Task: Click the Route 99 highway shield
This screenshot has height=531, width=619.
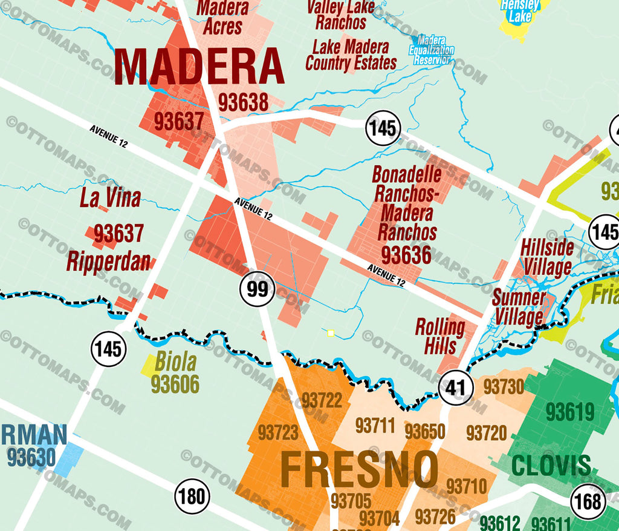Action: (258, 289)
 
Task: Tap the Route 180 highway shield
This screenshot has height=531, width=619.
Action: (192, 496)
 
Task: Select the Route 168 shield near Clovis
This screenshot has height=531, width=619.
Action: (588, 501)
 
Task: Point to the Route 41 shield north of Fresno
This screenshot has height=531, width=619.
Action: (455, 387)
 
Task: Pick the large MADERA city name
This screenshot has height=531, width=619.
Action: (199, 67)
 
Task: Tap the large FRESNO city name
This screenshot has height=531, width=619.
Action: (359, 470)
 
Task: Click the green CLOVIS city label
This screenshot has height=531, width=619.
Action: (551, 466)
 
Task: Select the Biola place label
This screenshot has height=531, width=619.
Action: (175, 362)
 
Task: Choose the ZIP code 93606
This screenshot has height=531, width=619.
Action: (175, 383)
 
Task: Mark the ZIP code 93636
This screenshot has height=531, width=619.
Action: (406, 255)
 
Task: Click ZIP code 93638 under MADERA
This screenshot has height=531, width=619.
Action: (243, 103)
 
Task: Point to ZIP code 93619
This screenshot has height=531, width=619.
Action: (570, 412)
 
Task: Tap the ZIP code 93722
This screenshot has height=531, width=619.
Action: (322, 400)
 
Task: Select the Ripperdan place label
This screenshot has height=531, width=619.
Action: (108, 262)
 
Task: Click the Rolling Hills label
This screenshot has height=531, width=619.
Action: (439, 337)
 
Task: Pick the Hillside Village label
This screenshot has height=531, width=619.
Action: (547, 257)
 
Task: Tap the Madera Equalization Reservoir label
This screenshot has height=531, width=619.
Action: (431, 50)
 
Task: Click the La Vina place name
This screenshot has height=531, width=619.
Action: (110, 198)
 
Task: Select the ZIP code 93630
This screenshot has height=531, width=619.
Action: (31, 458)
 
